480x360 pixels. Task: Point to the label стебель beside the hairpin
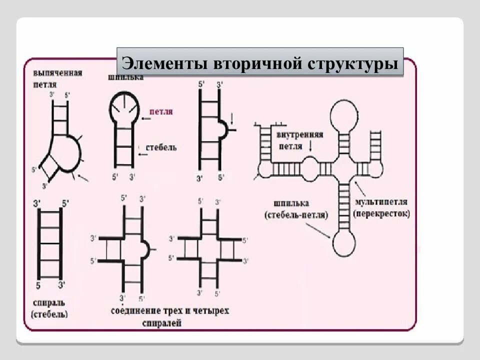tap(160, 148)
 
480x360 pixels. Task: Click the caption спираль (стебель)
tap(49, 309)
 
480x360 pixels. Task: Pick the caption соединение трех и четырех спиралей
tap(169, 316)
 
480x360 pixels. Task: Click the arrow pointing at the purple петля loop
tap(146, 118)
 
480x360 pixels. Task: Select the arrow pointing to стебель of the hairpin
tap(142, 154)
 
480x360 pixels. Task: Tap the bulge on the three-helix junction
tap(144, 247)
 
